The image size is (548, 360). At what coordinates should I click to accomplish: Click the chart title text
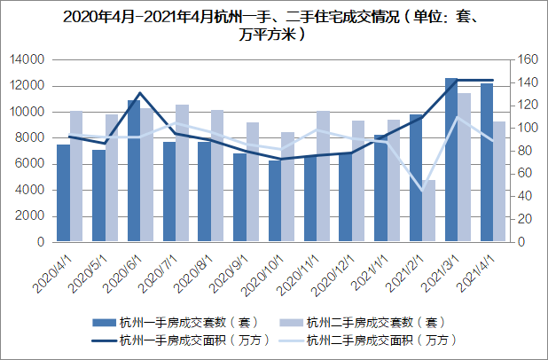(273, 25)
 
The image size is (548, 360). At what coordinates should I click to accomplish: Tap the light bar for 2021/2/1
(429, 211)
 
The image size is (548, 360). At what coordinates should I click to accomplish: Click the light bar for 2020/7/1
(182, 173)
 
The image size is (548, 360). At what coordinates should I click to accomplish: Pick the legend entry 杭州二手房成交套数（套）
(372, 321)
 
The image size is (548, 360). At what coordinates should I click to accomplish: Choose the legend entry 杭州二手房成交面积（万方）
(372, 339)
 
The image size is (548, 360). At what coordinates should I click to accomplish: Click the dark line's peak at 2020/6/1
(140, 92)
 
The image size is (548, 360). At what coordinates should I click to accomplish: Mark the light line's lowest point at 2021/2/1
(423, 190)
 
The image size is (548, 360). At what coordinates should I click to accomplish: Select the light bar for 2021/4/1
(500, 182)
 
